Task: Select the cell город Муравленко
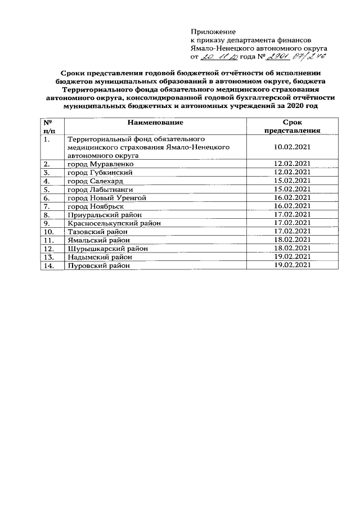pos(100,164)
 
